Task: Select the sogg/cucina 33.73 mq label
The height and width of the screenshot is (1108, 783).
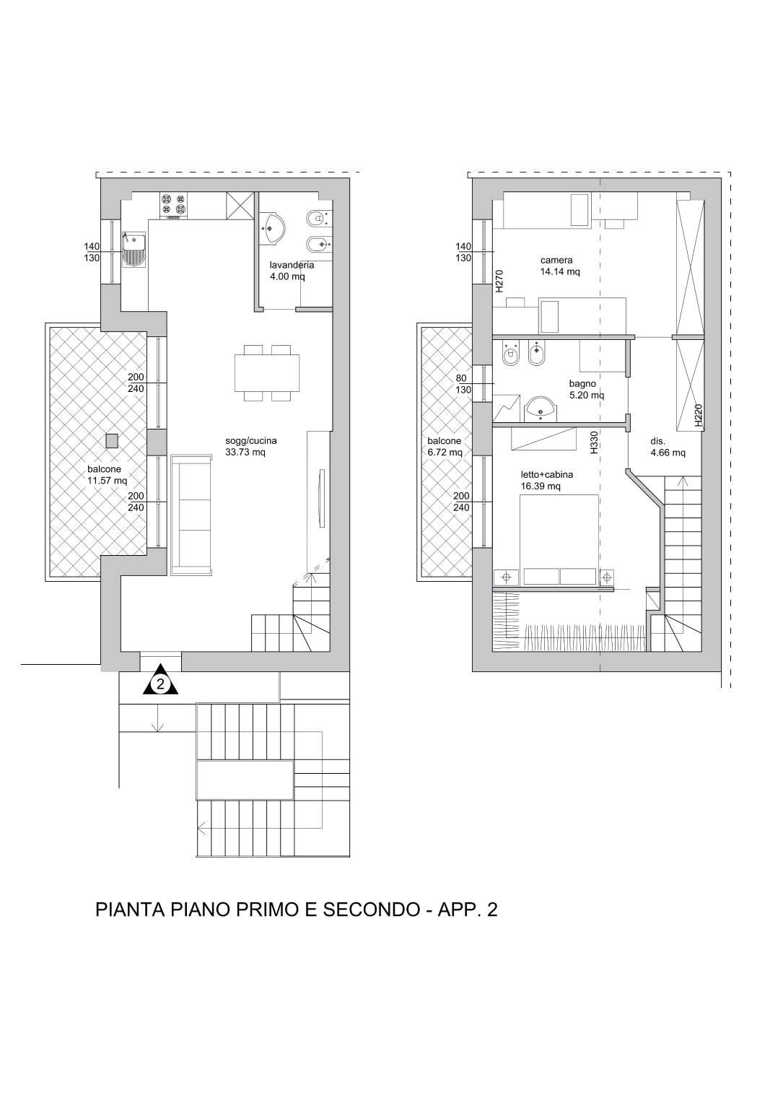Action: pyautogui.click(x=251, y=446)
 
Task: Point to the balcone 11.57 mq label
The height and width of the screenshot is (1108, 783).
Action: pyautogui.click(x=107, y=475)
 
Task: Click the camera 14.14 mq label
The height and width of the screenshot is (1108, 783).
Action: pyautogui.click(x=560, y=266)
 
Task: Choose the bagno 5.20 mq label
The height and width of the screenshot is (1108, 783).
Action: pyautogui.click(x=586, y=389)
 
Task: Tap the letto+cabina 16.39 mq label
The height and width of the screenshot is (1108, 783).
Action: pyautogui.click(x=546, y=480)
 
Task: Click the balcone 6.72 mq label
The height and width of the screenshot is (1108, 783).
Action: pyautogui.click(x=445, y=446)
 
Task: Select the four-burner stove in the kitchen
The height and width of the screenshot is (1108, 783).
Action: pyautogui.click(x=174, y=206)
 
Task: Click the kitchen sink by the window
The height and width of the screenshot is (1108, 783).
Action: pyautogui.click(x=134, y=250)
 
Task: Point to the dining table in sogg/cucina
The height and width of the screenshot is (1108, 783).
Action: pyautogui.click(x=267, y=373)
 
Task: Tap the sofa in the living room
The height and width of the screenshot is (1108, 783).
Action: pyautogui.click(x=191, y=515)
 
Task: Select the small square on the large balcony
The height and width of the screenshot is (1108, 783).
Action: pyautogui.click(x=113, y=440)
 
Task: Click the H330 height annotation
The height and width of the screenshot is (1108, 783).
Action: pyautogui.click(x=594, y=442)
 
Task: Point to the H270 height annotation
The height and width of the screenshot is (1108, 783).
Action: pyautogui.click(x=499, y=281)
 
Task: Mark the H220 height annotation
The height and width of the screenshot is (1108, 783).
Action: pyautogui.click(x=698, y=416)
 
